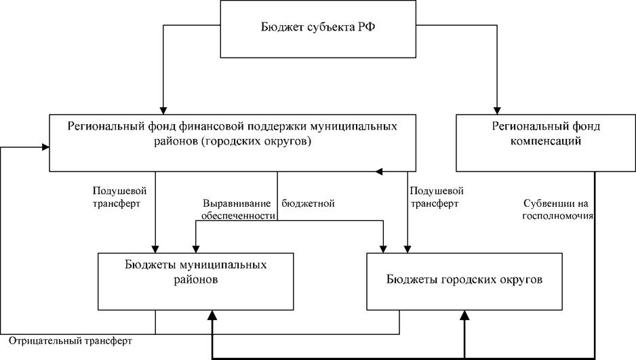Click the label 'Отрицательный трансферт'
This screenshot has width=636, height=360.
[71, 340]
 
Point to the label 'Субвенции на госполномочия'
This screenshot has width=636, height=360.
[557, 209]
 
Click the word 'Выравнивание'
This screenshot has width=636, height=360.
[237, 203]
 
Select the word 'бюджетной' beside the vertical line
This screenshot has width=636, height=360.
[309, 203]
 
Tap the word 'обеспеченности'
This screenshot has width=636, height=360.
[238, 216]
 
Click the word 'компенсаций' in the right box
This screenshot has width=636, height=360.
[546, 140]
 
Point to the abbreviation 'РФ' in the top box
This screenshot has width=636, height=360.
[366, 26]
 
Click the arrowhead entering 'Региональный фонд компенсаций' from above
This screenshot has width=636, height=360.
[497, 111]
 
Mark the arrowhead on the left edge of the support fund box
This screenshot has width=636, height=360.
[45, 147]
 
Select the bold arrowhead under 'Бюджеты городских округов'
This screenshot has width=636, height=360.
[465, 316]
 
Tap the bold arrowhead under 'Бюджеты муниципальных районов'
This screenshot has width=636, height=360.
[212, 316]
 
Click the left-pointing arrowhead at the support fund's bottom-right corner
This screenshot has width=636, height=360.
[379, 172]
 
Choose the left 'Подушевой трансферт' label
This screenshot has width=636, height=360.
[119, 197]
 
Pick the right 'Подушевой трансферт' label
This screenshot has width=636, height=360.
[437, 197]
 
